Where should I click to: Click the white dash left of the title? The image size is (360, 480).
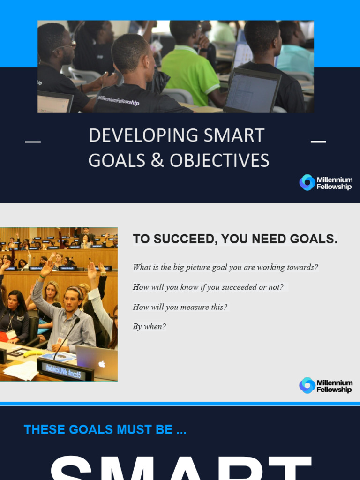[x=32, y=141]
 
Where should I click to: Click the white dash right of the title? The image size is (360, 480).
[x=318, y=141]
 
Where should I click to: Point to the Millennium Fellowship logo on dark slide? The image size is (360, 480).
[x=326, y=183]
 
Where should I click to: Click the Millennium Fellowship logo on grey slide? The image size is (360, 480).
[x=326, y=385]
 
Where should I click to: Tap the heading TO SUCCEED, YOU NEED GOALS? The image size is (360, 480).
[x=235, y=239]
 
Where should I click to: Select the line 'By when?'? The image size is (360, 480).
[x=149, y=327]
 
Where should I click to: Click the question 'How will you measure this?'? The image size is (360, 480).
[x=180, y=307]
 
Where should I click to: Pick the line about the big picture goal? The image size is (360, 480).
[x=225, y=267]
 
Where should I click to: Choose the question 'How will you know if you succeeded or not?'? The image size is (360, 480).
[x=208, y=287]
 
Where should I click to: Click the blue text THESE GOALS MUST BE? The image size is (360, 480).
[x=105, y=429]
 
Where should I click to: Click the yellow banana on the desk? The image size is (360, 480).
[x=33, y=353]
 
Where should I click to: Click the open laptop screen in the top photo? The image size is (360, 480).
[x=252, y=90]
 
